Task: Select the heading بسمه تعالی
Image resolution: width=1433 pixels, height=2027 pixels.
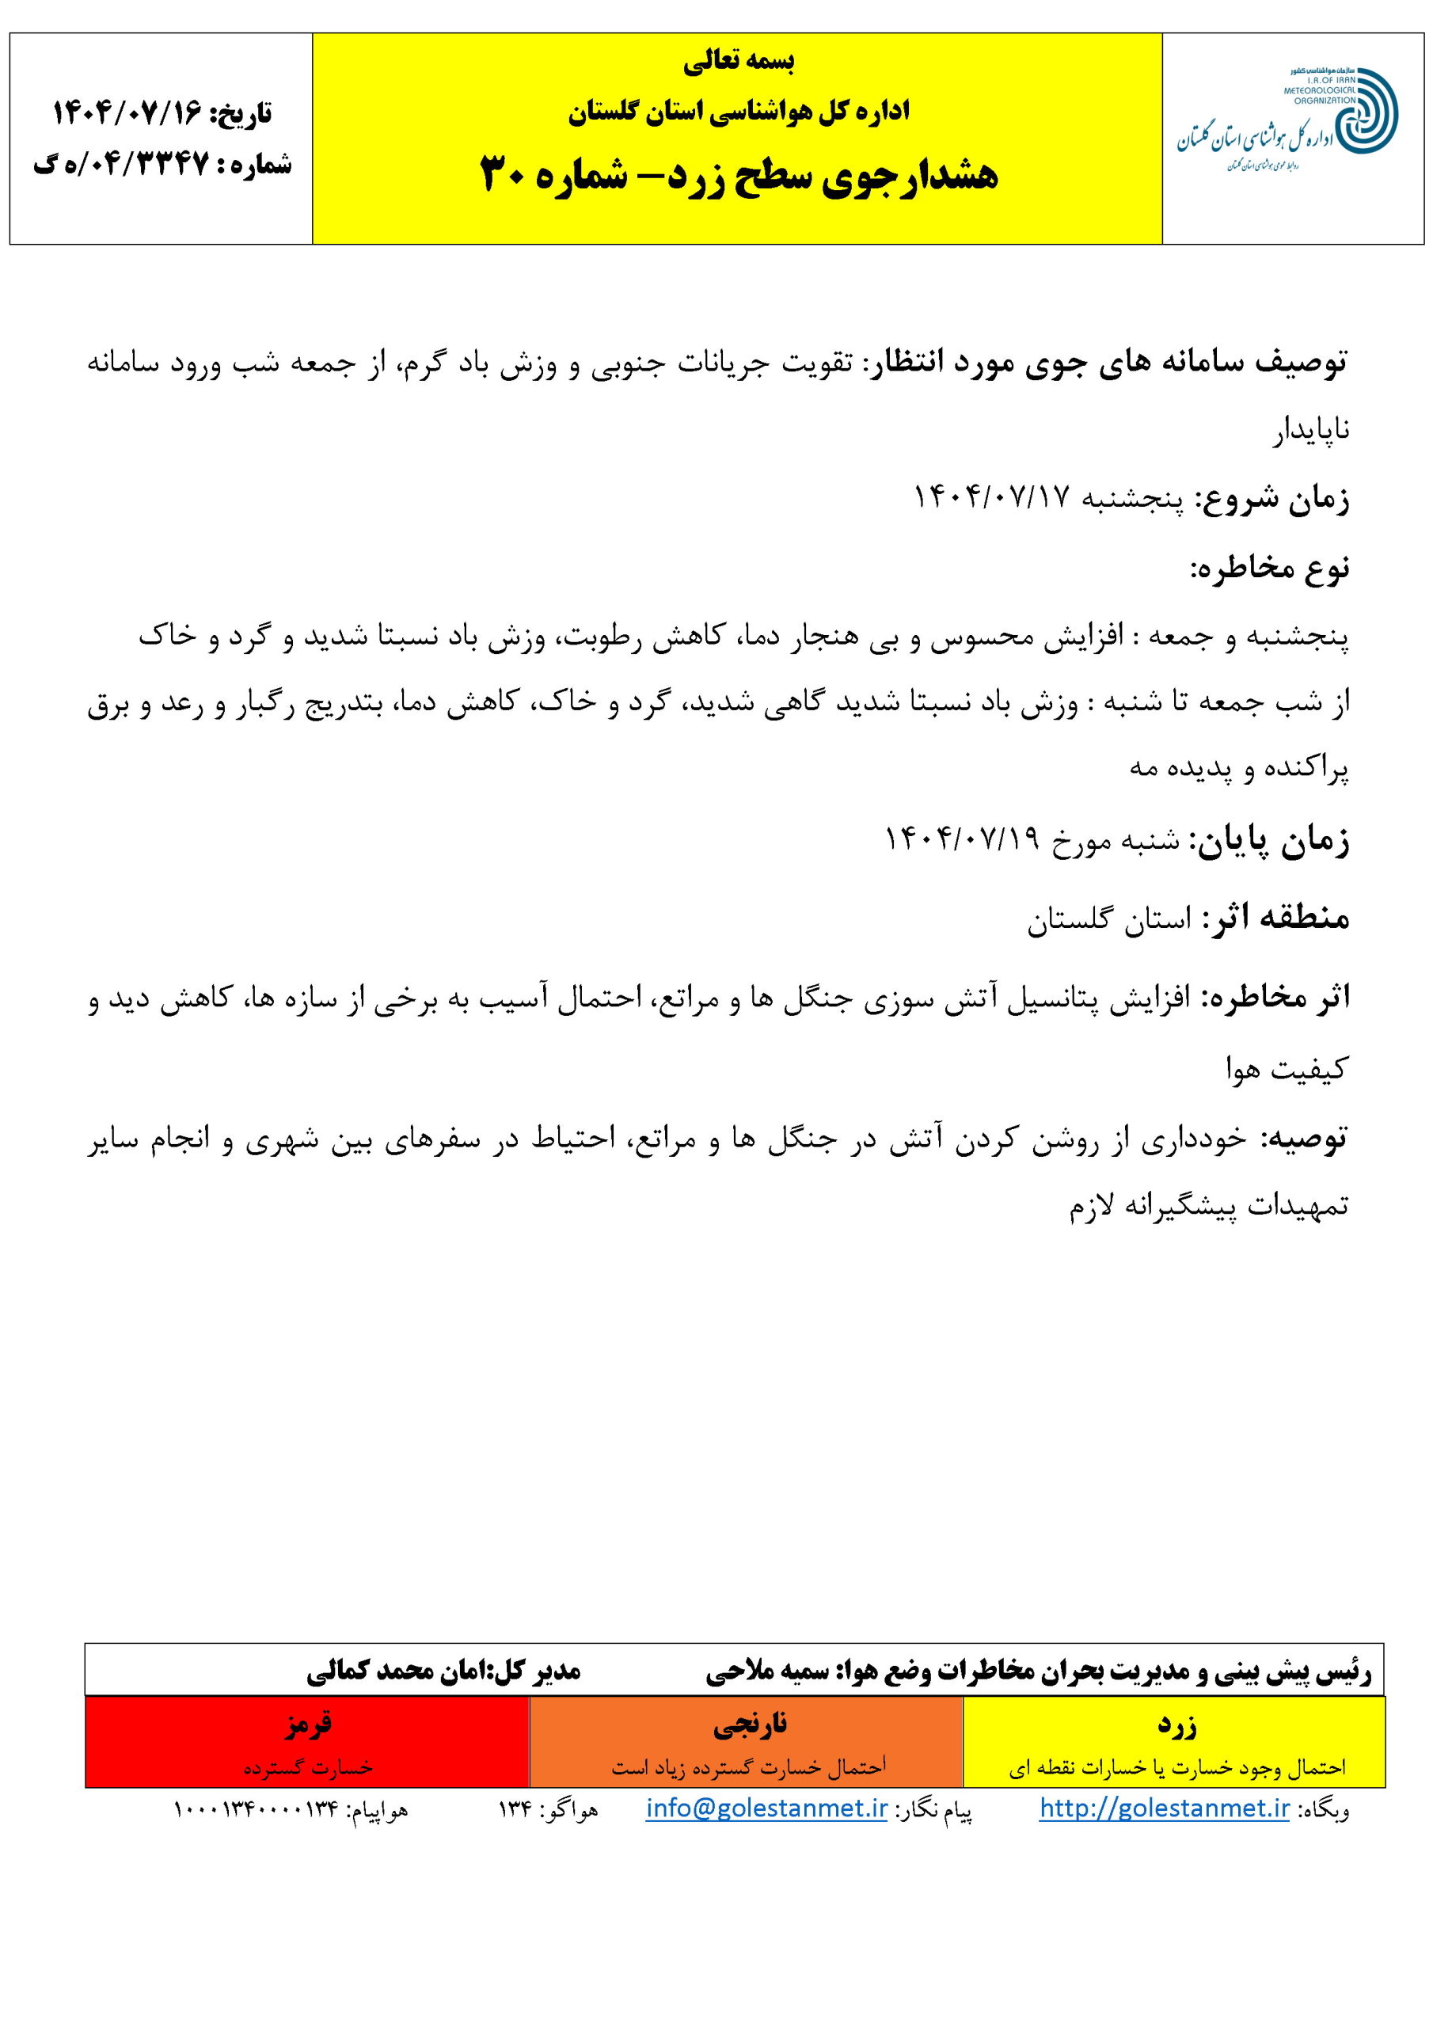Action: point(738,61)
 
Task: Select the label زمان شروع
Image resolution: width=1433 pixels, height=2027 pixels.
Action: point(1271,499)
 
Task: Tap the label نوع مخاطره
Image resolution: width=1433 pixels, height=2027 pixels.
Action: point(1269,568)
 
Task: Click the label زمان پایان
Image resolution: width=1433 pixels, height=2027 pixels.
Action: point(1269,839)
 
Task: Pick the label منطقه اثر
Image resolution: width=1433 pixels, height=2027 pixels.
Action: point(1280,917)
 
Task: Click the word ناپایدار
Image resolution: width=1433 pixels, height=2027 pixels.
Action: point(1311,430)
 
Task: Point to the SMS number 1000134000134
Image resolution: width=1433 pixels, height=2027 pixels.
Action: point(255,1810)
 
